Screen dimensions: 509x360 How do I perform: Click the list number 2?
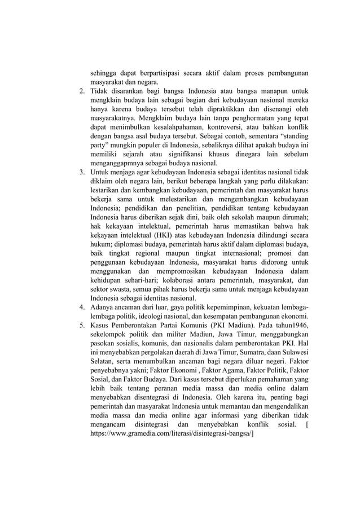point(81,90)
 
